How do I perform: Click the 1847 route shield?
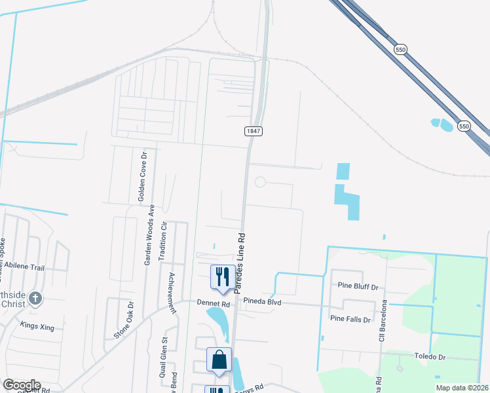click(x=254, y=131)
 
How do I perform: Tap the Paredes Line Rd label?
click(x=240, y=261)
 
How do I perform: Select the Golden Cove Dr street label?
click(x=141, y=175)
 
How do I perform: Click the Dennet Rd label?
click(x=214, y=304)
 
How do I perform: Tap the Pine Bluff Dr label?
click(x=358, y=286)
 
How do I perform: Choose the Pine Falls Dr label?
click(x=351, y=319)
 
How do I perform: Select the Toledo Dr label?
click(x=430, y=357)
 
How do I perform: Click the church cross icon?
click(x=35, y=299)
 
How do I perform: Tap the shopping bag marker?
click(x=219, y=360)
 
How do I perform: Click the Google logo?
click(x=21, y=385)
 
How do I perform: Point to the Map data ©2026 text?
click(x=462, y=388)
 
